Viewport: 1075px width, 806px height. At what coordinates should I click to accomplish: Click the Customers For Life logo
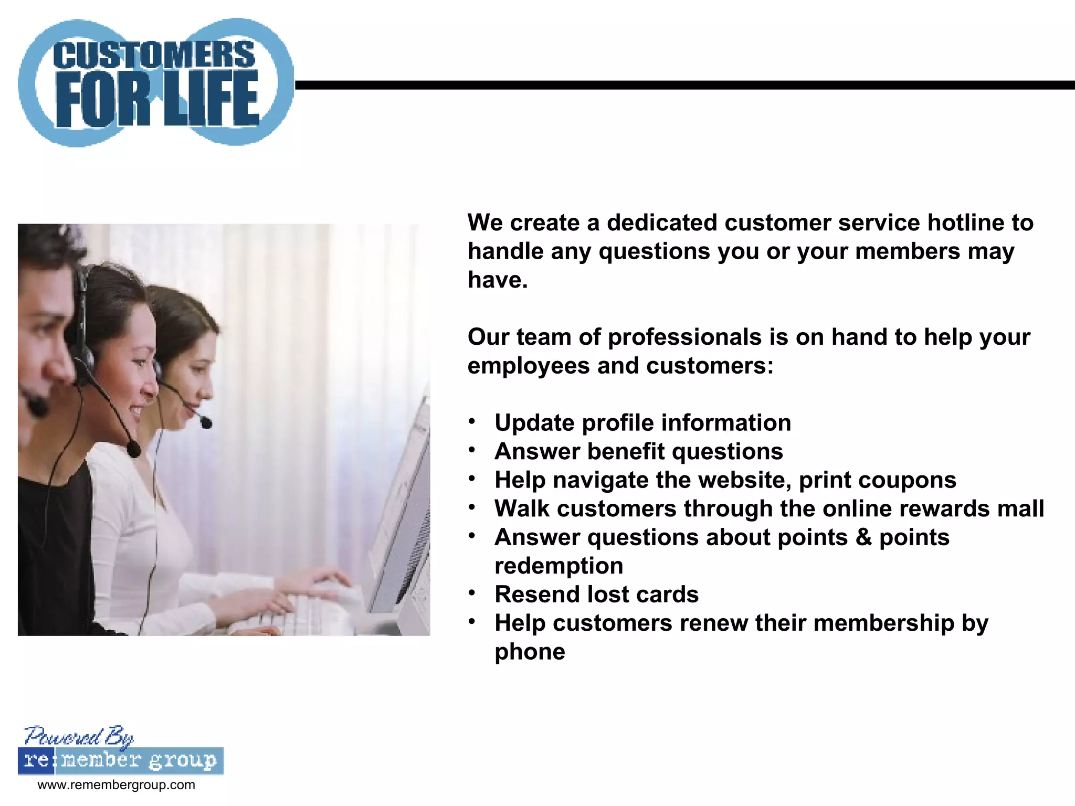pyautogui.click(x=156, y=83)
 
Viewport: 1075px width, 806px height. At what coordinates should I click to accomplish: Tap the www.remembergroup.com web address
pyautogui.click(x=116, y=785)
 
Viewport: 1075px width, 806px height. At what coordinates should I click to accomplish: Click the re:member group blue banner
pyautogui.click(x=121, y=761)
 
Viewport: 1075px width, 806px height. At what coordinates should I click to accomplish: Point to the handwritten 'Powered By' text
pyautogui.click(x=79, y=737)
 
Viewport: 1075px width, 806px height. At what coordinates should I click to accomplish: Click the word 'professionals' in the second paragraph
pyautogui.click(x=684, y=337)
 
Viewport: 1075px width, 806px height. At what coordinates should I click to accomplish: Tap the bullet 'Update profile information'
pyautogui.click(x=642, y=423)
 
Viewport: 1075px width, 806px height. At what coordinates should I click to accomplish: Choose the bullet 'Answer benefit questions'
pyautogui.click(x=638, y=451)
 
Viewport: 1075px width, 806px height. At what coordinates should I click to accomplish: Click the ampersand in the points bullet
pyautogui.click(x=863, y=537)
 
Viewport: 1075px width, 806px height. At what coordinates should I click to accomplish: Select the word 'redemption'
pyautogui.click(x=558, y=566)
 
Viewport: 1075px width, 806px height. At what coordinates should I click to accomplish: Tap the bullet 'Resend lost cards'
pyautogui.click(x=596, y=595)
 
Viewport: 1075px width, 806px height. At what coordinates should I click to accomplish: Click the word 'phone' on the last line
pyautogui.click(x=530, y=652)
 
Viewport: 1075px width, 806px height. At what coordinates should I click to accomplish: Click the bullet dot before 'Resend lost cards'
pyautogui.click(x=472, y=593)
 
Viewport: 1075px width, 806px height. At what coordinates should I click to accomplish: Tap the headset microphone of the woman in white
pyautogui.click(x=134, y=449)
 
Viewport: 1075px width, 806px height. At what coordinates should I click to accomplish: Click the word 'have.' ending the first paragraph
pyautogui.click(x=497, y=280)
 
